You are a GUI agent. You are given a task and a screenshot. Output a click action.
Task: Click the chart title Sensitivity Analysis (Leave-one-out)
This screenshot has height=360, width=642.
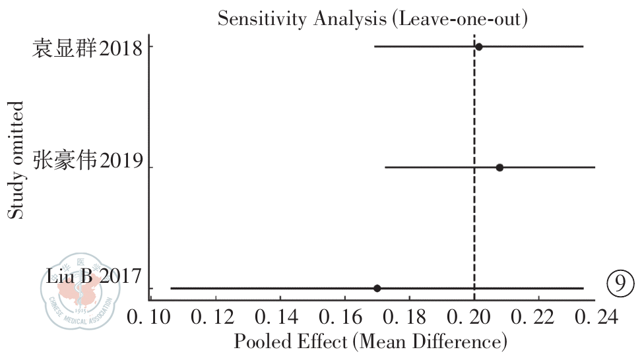pos(373,19)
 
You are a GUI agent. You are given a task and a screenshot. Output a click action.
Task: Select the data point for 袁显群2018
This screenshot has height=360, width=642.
pos(479,47)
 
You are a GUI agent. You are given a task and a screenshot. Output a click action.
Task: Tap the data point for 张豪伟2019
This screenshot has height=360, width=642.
pos(499,167)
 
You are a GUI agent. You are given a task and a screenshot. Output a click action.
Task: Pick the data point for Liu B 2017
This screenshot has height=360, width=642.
pos(377,288)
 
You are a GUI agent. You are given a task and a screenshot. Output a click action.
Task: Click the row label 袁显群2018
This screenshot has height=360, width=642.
pos(87,47)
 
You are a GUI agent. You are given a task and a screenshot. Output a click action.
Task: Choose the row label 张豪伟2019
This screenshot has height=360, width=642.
pos(87,162)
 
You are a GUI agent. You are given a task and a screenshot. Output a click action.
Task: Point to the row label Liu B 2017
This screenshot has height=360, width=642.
pos(94,276)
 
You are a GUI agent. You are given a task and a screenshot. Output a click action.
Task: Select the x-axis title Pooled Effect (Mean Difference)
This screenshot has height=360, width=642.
pos(370,342)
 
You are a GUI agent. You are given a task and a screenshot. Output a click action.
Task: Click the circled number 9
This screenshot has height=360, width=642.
pos(620,284)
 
